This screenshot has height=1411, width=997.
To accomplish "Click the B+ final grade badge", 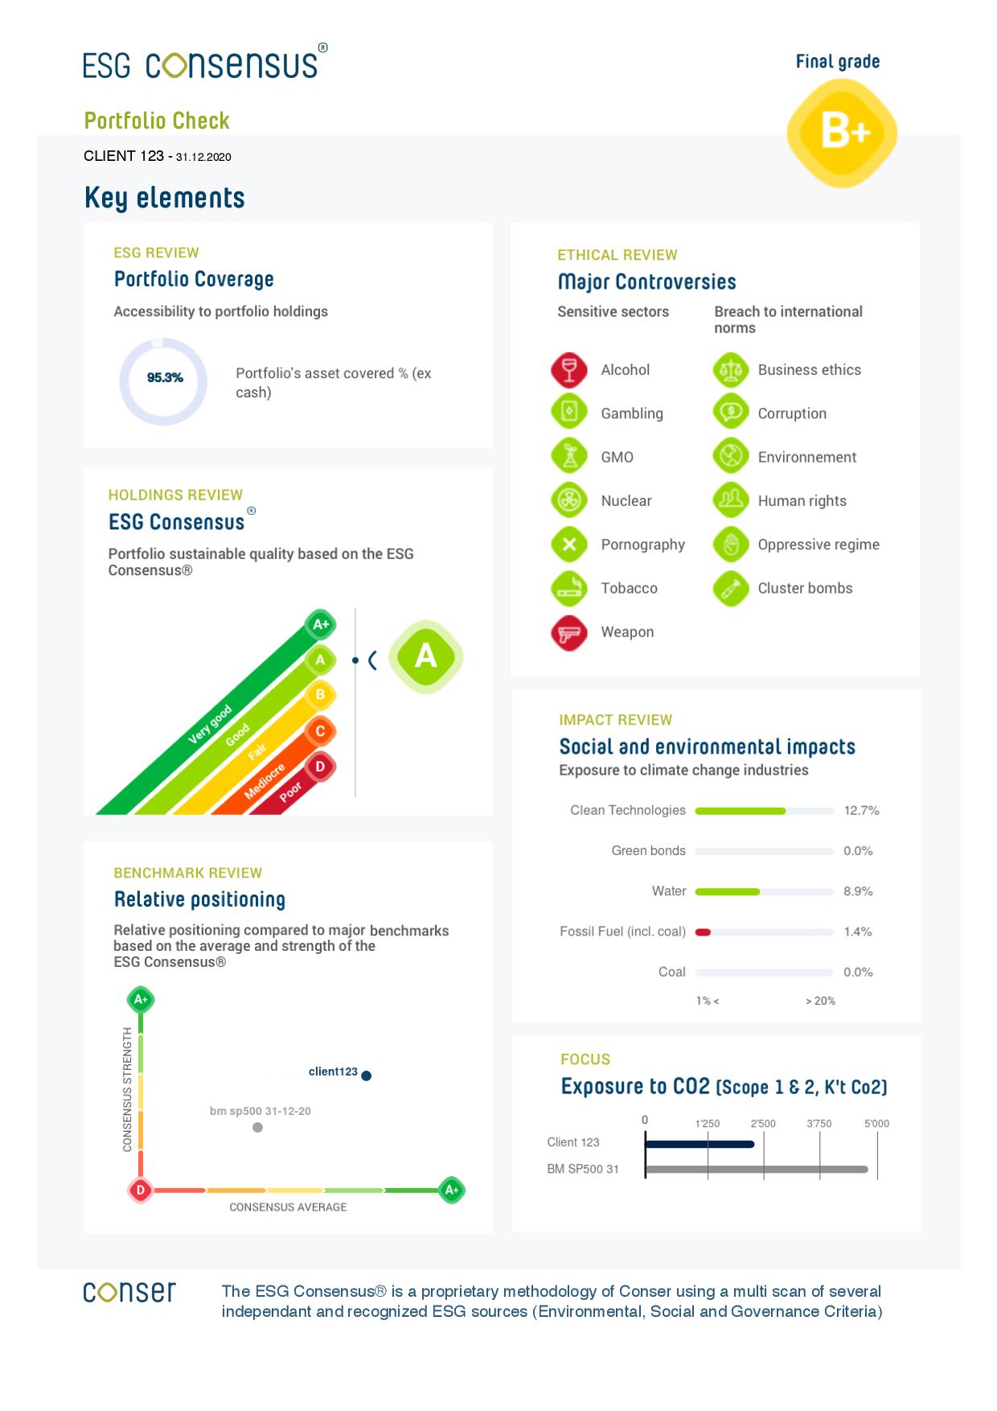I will point(842,133).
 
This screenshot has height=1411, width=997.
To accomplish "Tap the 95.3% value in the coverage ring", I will point(165,378).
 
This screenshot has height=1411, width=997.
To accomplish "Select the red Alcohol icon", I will point(569,370).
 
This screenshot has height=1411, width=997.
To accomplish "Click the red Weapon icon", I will point(569,632).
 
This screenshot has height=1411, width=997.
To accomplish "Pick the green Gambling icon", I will point(569,413).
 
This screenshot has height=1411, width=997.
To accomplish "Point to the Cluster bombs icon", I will point(730,589).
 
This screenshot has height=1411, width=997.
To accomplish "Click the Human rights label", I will point(802,501).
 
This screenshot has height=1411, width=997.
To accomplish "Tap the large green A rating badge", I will point(425,657).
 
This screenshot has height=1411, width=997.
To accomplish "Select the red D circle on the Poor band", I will point(320,767).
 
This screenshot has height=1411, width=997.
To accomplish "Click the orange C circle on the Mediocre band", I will point(320,731).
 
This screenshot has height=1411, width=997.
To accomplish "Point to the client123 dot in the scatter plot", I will point(367,1076).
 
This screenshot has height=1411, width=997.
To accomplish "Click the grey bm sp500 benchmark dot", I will point(257,1128).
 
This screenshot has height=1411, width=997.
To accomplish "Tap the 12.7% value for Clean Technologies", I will point(861,811).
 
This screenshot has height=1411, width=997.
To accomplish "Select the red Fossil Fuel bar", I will point(703,932).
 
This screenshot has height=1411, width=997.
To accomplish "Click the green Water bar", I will point(727,892).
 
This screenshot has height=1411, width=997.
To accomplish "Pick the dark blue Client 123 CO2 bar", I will point(700,1144).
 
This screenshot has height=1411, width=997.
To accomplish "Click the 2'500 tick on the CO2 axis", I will point(763,1124).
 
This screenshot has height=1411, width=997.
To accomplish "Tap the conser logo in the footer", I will point(129,1293).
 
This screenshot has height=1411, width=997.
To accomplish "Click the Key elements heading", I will point(165,198).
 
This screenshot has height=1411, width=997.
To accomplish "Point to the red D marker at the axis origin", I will point(141,1191).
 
